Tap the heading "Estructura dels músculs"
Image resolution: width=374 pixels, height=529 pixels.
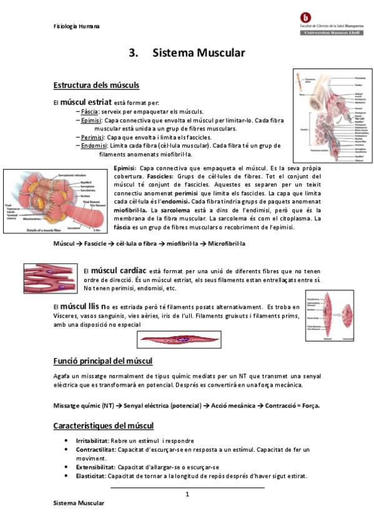96,85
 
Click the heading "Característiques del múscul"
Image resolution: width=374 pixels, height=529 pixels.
104,425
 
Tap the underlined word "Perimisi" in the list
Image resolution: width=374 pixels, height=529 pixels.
93,137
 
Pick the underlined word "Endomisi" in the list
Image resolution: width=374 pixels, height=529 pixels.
94,146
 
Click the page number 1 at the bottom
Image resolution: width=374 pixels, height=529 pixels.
187,495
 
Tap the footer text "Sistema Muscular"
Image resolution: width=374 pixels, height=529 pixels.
79,503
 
